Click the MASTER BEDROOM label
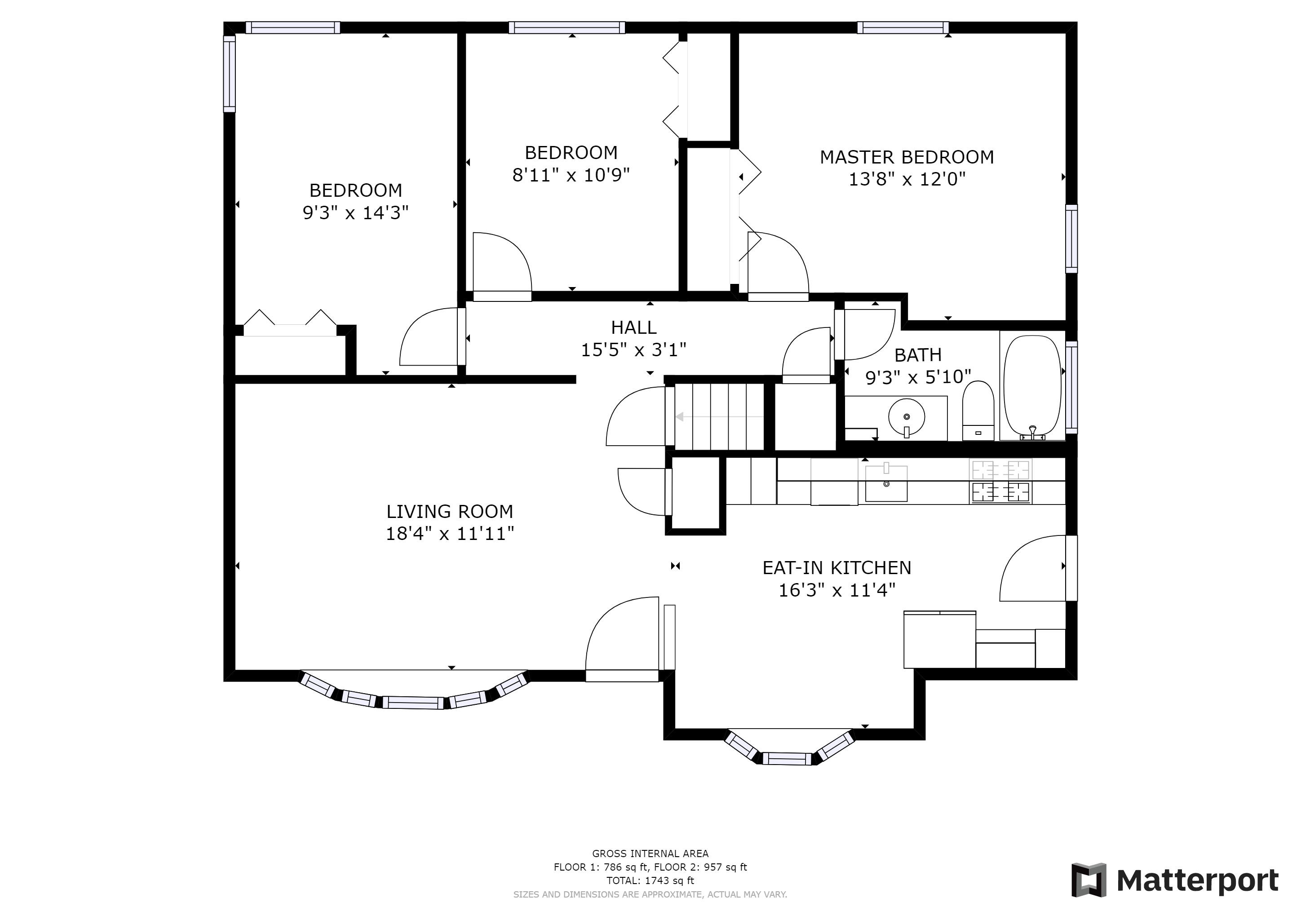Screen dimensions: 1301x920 907,157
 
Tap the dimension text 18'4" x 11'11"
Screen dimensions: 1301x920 450,534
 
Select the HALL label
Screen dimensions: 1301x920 633,327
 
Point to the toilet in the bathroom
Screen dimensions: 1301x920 978,411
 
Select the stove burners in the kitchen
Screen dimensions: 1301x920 1000,481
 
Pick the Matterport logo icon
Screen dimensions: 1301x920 1089,880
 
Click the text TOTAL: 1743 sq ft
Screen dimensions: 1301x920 650,880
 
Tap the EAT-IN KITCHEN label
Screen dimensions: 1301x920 837,568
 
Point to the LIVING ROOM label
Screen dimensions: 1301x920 450,512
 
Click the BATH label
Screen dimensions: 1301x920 918,355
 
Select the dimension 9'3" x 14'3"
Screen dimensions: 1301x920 356,213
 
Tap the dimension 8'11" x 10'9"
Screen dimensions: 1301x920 571,175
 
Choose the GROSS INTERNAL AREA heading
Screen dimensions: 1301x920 650,854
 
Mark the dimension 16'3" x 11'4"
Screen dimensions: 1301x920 837,590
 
